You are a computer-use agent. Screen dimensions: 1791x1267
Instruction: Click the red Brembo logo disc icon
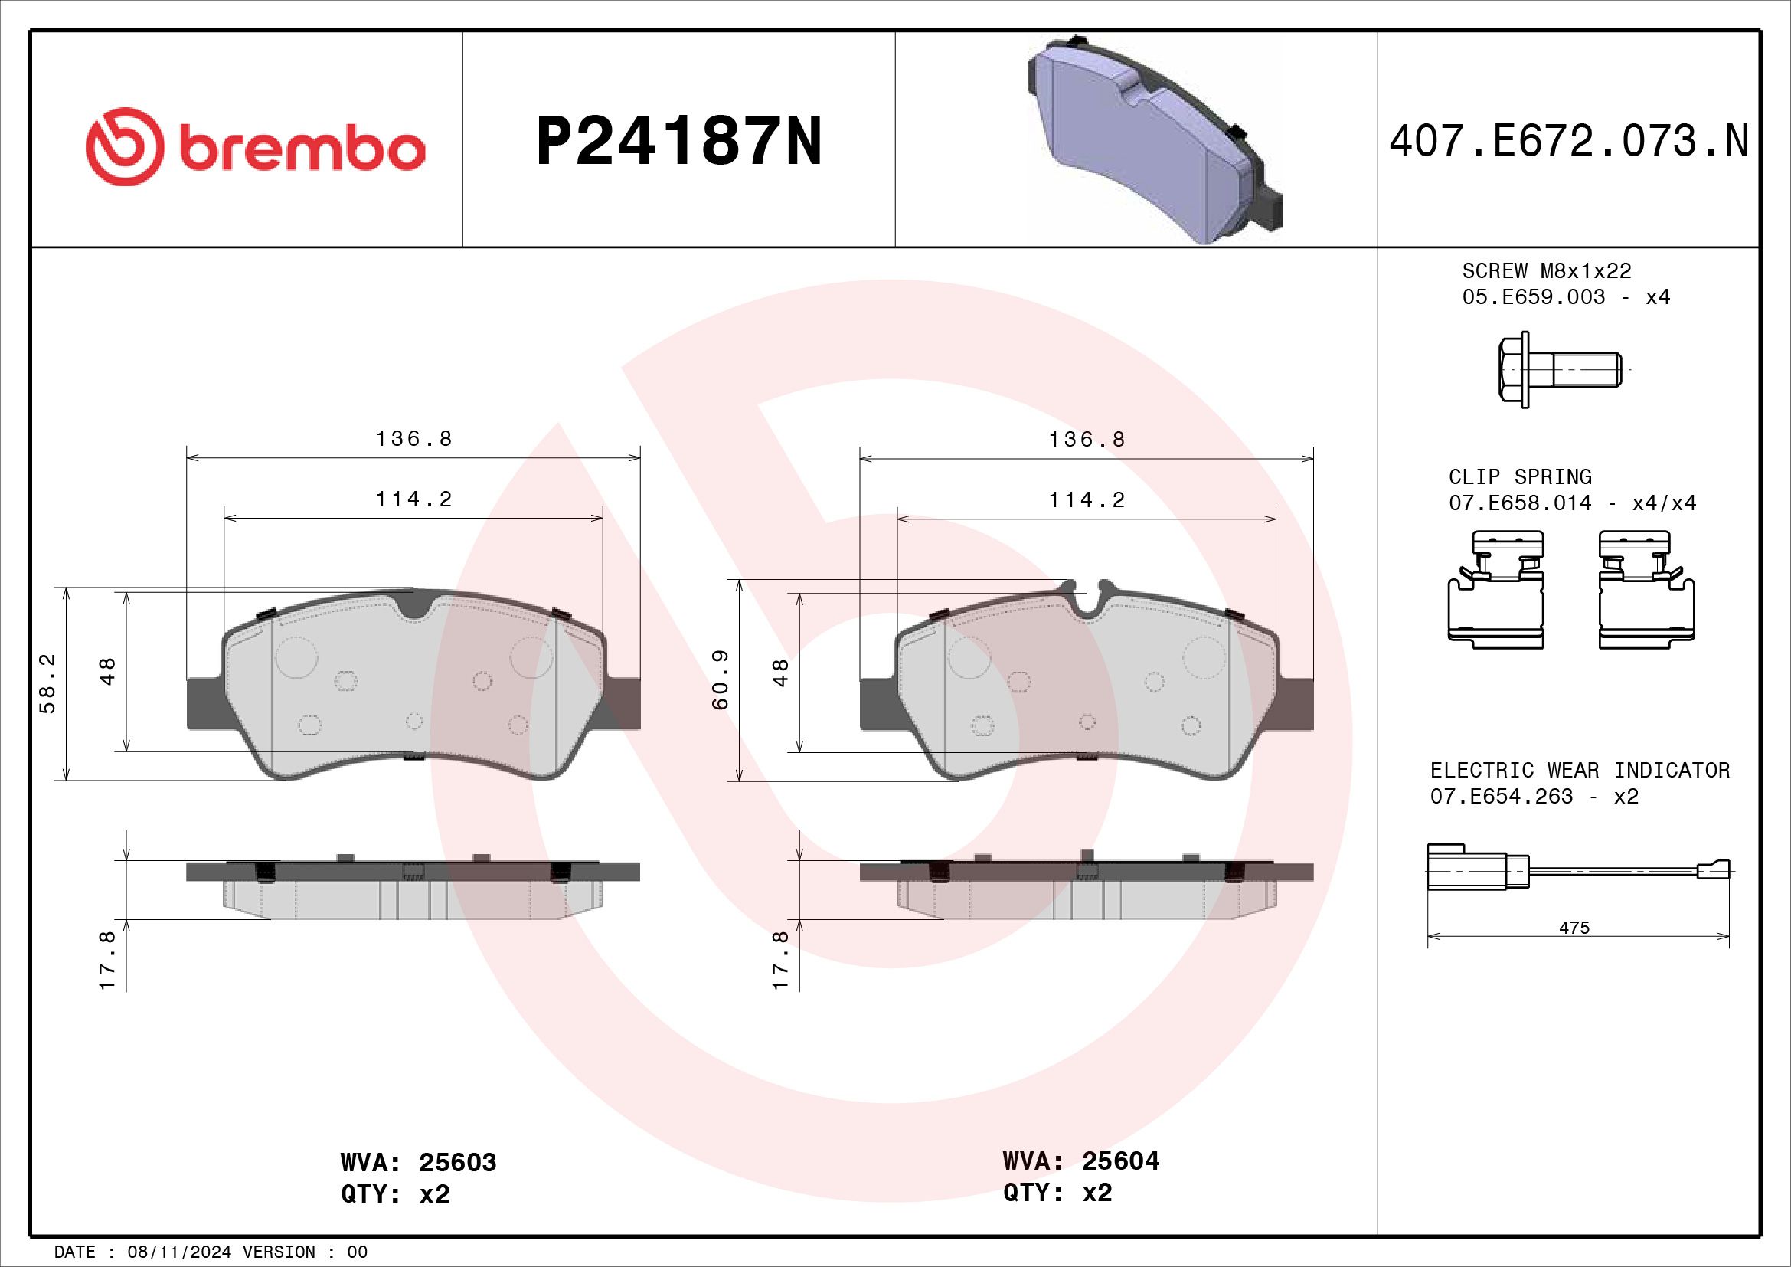(125, 146)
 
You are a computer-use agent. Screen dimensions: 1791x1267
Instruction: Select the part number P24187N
(679, 142)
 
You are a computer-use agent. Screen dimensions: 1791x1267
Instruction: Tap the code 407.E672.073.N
(1569, 142)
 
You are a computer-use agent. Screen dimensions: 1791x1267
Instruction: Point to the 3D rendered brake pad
(1155, 140)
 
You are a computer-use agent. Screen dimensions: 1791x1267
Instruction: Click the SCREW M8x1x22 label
(1547, 270)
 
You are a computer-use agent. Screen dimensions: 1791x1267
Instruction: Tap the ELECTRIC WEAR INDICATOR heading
(1580, 770)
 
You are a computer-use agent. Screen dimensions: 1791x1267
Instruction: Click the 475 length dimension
(1574, 928)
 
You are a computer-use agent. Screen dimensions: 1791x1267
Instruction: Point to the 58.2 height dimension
(47, 683)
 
